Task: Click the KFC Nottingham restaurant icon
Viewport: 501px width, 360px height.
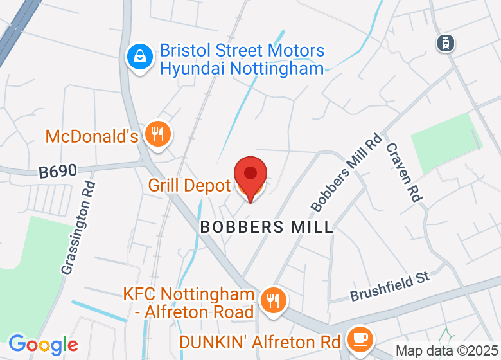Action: coord(274,300)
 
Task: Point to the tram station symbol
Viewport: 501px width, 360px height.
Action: coord(444,43)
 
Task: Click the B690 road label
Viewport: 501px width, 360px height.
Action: coord(58,172)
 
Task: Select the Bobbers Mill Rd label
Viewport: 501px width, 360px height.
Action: coord(346,172)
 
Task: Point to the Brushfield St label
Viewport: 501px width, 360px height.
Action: coord(390,287)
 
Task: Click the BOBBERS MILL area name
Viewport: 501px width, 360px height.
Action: coord(267,227)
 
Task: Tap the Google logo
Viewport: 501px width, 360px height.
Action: coord(43,345)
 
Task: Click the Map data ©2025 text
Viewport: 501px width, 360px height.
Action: coord(446,351)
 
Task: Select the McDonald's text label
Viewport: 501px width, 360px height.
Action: coord(92,136)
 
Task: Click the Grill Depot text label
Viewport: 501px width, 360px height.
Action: coord(189,186)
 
